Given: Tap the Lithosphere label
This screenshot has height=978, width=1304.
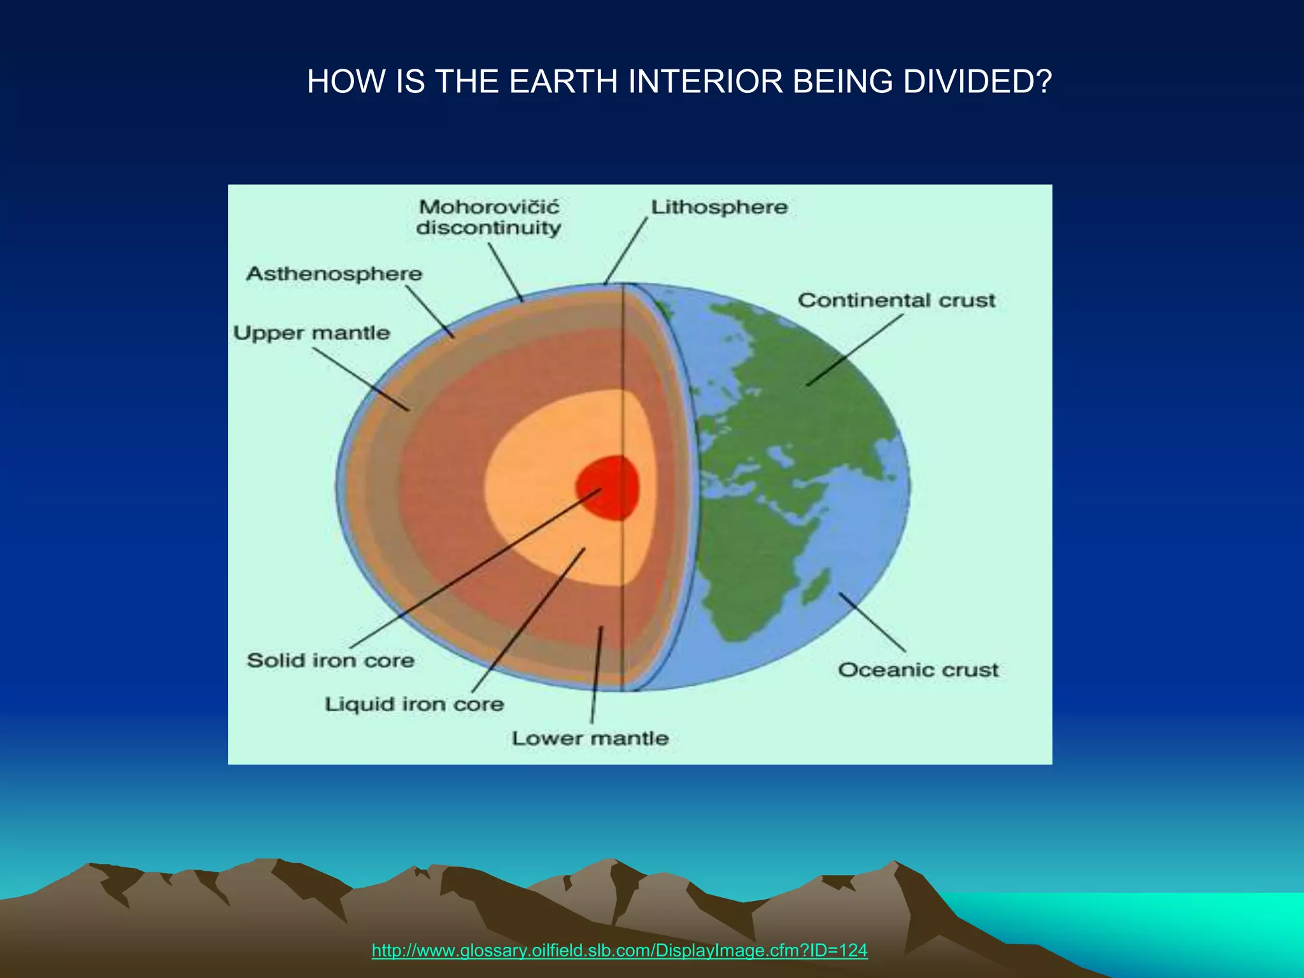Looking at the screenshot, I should pyautogui.click(x=719, y=208).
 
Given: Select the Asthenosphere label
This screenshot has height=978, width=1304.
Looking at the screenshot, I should pyautogui.click(x=334, y=274).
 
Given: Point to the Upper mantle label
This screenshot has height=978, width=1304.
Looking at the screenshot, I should pyautogui.click(x=311, y=333).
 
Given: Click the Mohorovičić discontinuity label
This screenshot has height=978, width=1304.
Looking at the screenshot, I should pyautogui.click(x=488, y=218).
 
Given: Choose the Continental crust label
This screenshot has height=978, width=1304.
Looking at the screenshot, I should pyautogui.click(x=896, y=301).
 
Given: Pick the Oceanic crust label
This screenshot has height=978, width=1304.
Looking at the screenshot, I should pyautogui.click(x=918, y=670).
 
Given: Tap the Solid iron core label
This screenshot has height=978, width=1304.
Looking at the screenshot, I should pyautogui.click(x=330, y=660).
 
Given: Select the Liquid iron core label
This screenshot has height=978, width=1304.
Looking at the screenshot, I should pyautogui.click(x=415, y=704).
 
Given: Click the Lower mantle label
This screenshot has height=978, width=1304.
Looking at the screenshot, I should pyautogui.click(x=590, y=739).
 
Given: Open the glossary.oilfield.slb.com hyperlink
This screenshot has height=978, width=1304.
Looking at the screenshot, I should pyautogui.click(x=619, y=951).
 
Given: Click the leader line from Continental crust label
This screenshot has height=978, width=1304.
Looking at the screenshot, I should pyautogui.click(x=855, y=350).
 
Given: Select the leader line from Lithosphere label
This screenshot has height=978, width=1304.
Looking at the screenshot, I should pyautogui.click(x=626, y=250).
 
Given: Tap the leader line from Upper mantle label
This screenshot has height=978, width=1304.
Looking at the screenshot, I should pyautogui.click(x=360, y=378).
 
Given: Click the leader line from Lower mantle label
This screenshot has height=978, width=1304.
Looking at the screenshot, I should pyautogui.click(x=597, y=675).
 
